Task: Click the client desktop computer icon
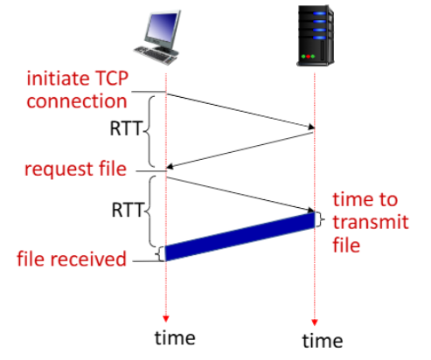[156, 37]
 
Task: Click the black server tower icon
[316, 36]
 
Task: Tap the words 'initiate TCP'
[78, 79]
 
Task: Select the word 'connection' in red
[77, 101]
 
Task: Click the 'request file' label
[75, 169]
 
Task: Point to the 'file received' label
[72, 259]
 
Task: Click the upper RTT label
[126, 128]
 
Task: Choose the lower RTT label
[128, 210]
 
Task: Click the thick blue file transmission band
[240, 236]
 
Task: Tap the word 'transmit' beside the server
[371, 222]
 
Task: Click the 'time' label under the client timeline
[175, 338]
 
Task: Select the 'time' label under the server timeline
[323, 341]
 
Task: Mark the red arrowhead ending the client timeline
[166, 319]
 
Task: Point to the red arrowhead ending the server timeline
[314, 322]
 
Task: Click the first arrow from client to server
[240, 111]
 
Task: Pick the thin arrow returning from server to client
[240, 150]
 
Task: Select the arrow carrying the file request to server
[240, 194]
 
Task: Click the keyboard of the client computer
[155, 55]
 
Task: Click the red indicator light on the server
[308, 56]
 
